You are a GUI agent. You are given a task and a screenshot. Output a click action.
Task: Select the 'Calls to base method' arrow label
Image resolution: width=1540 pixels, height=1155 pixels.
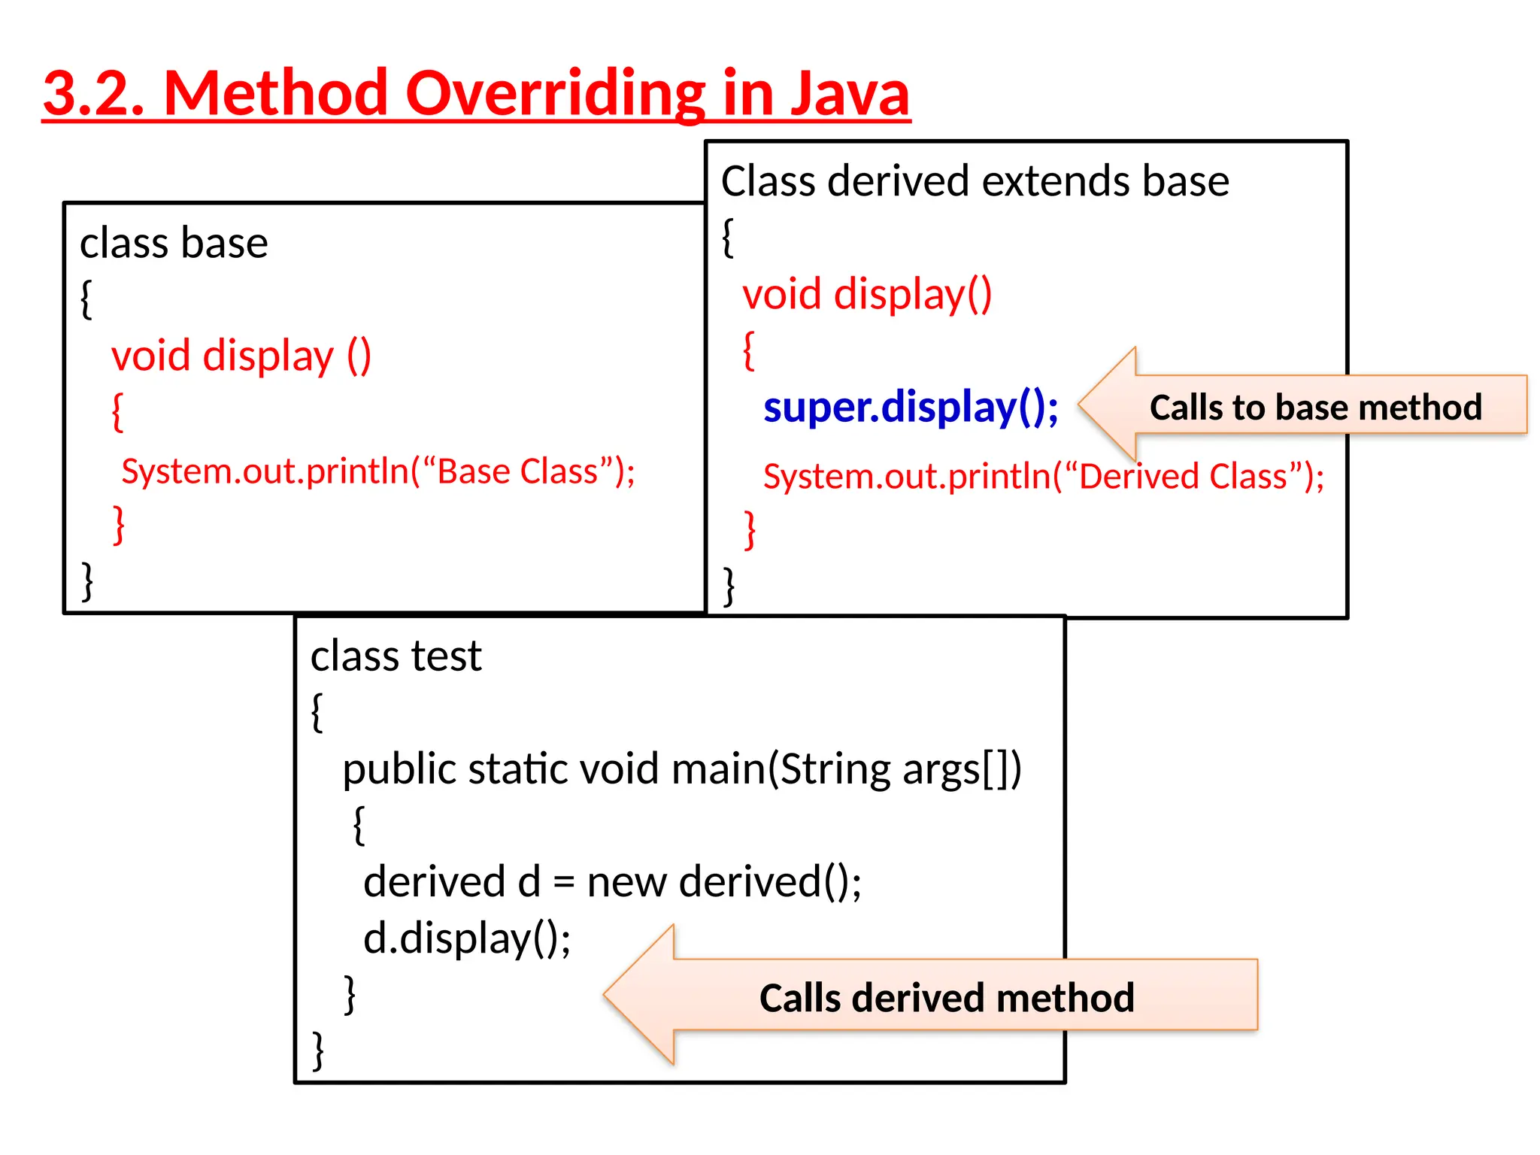coord(1315,407)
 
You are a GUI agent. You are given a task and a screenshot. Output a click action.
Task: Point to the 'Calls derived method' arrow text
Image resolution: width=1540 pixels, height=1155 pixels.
coord(946,998)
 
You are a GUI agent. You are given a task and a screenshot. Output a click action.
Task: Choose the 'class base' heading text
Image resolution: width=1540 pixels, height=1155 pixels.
coord(174,243)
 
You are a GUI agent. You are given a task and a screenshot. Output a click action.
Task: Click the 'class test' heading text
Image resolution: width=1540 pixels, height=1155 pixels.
coord(396,656)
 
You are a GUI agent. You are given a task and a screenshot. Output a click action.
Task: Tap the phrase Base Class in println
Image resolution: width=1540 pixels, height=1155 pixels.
coord(517,471)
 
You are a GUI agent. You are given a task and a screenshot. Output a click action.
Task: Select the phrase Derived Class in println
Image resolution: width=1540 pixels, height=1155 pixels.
coord(1183,477)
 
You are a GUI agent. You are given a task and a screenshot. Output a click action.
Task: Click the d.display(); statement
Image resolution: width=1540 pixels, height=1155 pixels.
coord(467,938)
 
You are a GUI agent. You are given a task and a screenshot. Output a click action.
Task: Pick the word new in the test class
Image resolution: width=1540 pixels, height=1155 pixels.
coord(626,881)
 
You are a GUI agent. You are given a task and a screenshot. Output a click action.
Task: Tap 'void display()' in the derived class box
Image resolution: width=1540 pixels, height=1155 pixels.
coord(867,293)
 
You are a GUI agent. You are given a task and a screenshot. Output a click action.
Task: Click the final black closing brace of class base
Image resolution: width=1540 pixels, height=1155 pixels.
coord(88,581)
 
